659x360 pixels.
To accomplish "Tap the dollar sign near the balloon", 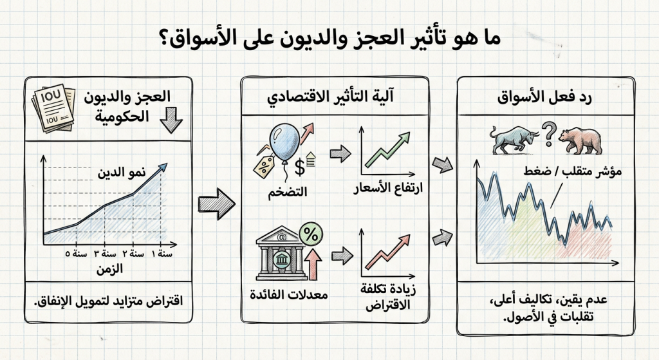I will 298,167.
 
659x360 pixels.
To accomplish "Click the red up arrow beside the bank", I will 315,265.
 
